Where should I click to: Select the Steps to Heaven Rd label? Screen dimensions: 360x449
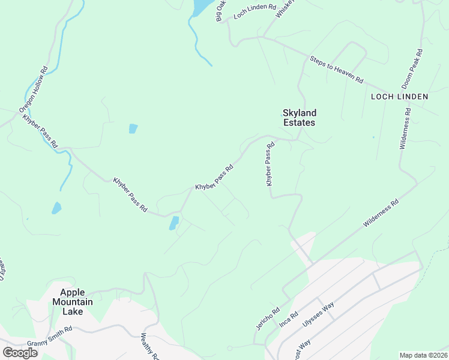337,70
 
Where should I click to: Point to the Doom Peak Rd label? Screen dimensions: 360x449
413,69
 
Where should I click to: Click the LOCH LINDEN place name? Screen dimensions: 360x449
399,96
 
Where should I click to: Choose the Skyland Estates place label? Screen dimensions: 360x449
300,117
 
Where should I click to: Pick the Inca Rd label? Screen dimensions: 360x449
289,319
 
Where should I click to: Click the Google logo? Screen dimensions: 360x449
20,352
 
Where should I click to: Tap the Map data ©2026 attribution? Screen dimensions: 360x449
423,355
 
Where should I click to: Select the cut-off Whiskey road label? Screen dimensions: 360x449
283,8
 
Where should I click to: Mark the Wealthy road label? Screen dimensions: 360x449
150,346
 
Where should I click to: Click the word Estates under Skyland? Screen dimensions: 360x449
300,122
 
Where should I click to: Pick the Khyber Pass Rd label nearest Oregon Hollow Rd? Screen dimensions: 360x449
40,130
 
